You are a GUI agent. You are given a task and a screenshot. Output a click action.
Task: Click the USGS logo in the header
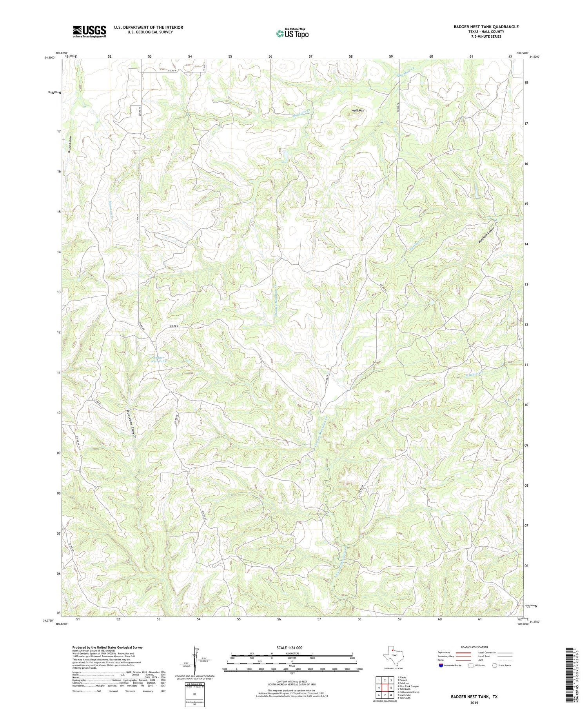click(89, 31)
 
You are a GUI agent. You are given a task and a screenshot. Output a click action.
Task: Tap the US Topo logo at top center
click(292, 34)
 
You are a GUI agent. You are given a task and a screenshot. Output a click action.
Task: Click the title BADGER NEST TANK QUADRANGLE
click(486, 27)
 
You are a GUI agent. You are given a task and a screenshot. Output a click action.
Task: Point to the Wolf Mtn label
click(358, 111)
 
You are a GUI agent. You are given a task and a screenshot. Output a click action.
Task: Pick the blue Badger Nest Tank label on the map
click(158, 360)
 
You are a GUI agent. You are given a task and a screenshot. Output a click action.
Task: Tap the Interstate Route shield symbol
click(441, 665)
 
